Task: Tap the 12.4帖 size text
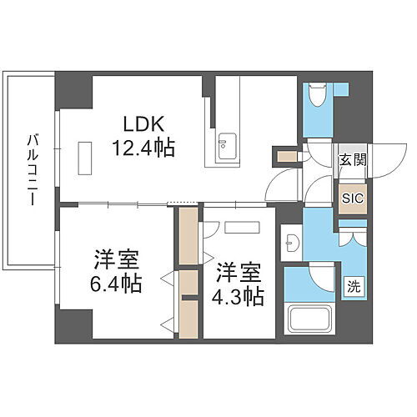[144, 148]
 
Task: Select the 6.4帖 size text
[116, 282]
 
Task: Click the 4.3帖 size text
[240, 296]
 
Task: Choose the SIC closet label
[351, 198]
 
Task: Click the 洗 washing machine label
[354, 285]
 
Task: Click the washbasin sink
[292, 243]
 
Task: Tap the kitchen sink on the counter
[227, 148]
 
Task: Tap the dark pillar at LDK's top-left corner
[73, 92]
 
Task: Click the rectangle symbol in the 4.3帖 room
[242, 227]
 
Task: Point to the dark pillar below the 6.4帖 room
[73, 325]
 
